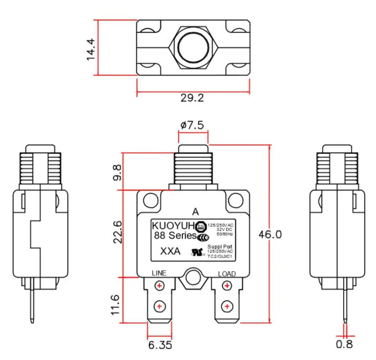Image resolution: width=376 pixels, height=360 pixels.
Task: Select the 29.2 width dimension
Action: [192, 98]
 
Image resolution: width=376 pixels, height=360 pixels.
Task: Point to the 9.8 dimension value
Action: [117, 172]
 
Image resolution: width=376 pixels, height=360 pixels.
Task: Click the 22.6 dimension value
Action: [117, 232]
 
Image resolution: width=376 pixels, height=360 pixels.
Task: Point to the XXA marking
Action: [170, 251]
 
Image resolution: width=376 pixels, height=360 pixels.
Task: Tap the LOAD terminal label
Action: [227, 273]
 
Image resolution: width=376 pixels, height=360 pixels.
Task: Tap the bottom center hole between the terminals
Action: [192, 278]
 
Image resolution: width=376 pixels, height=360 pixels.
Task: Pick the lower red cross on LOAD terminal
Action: [227, 306]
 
